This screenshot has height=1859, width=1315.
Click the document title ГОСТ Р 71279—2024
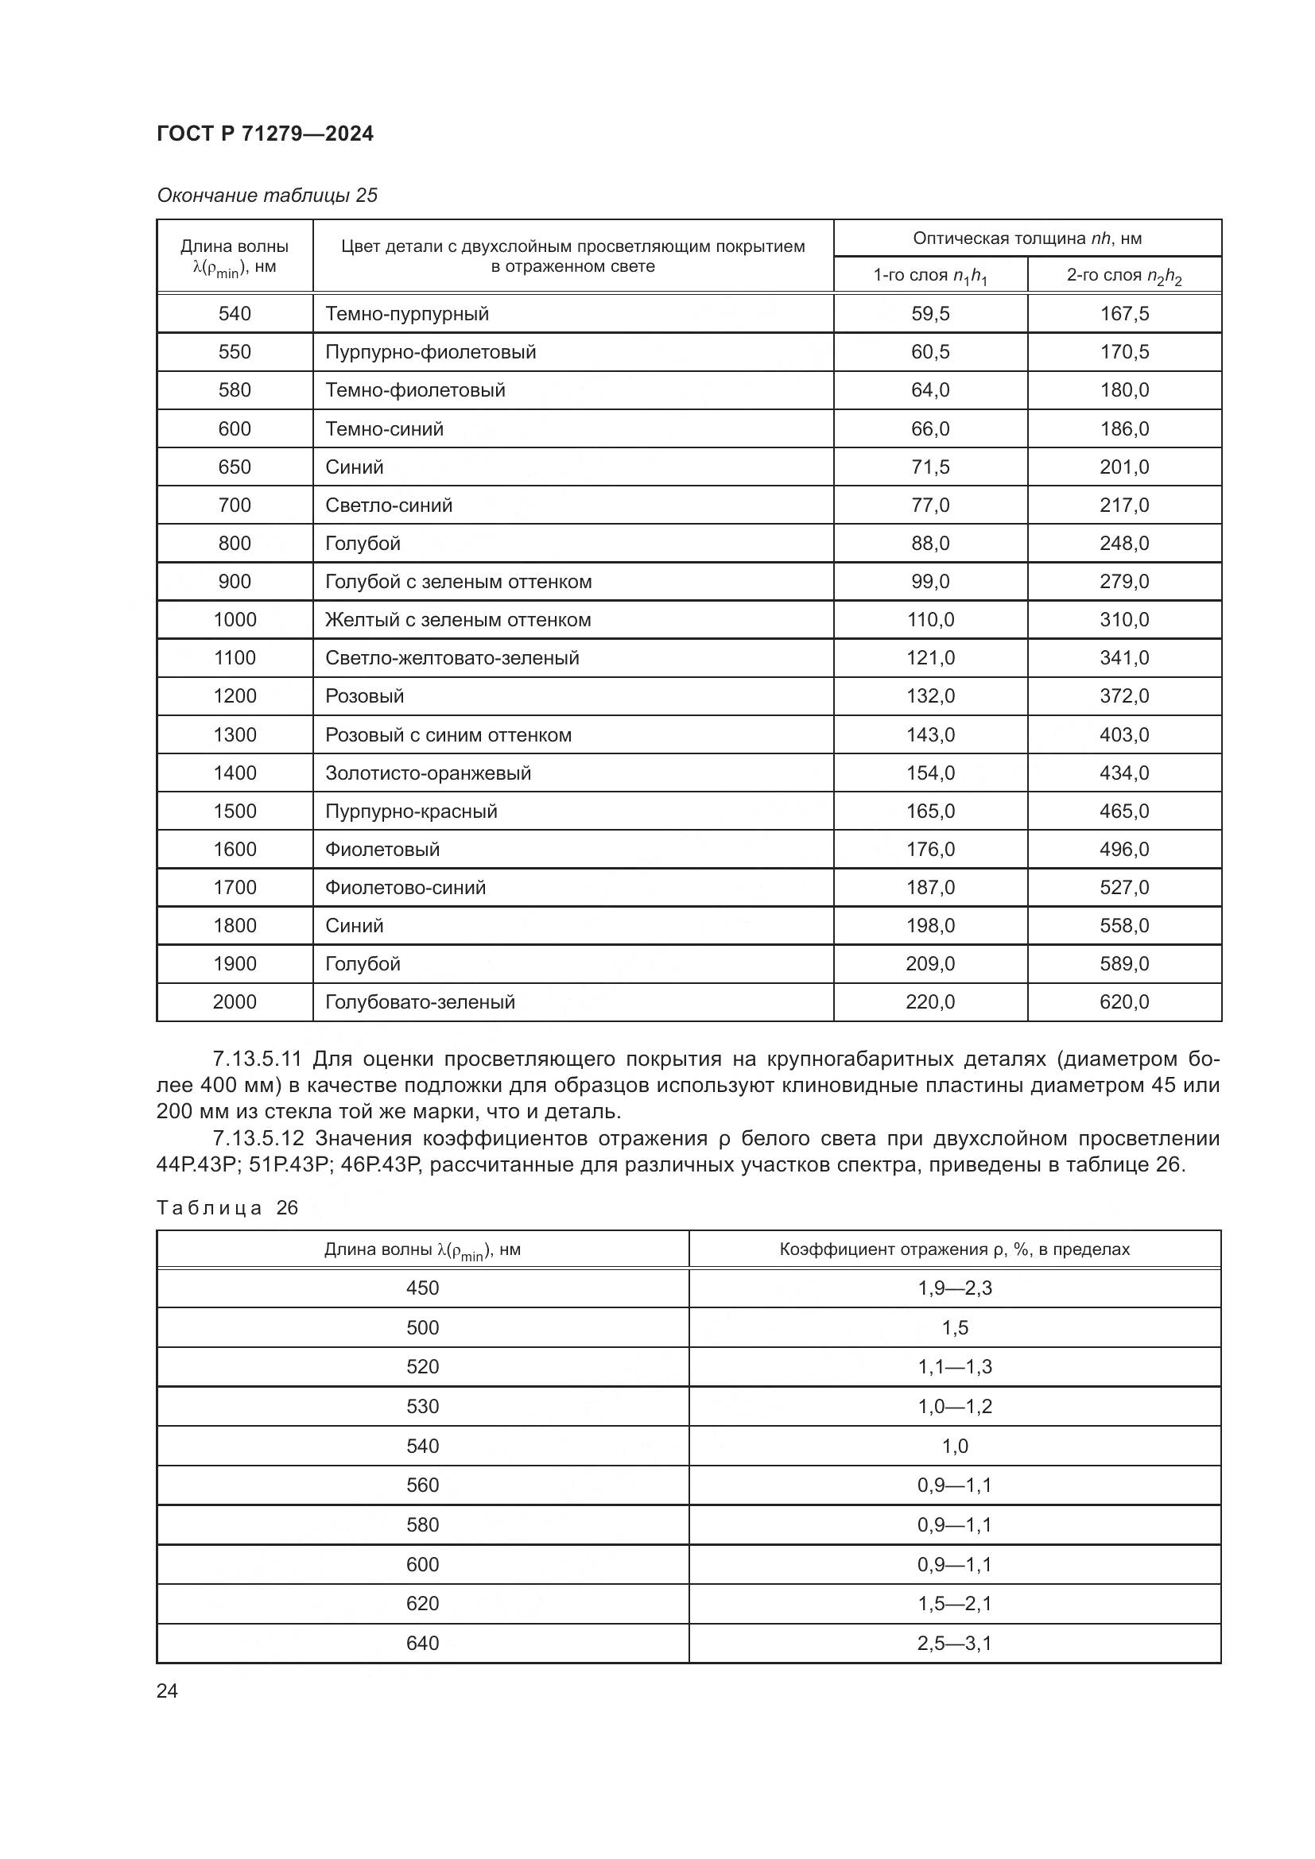click(x=265, y=134)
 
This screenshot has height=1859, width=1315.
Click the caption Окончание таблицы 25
click(x=267, y=196)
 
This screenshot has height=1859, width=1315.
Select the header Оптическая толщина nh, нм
click(x=1026, y=238)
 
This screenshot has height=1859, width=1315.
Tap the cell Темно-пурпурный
click(x=406, y=314)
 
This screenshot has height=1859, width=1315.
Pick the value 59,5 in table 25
click(x=929, y=314)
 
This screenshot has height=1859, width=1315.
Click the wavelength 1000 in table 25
click(x=235, y=620)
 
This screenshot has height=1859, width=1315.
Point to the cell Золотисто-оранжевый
click(x=428, y=773)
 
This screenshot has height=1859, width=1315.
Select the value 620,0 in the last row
click(x=1124, y=1002)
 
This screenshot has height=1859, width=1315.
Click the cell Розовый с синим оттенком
click(x=448, y=735)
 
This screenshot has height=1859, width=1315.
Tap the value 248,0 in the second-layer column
click(x=1124, y=544)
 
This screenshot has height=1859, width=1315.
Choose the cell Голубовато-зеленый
click(x=420, y=1002)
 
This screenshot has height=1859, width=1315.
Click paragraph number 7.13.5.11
click(x=257, y=1059)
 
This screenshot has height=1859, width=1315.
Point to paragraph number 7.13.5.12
click(x=258, y=1139)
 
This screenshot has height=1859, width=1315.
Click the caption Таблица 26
click(x=227, y=1208)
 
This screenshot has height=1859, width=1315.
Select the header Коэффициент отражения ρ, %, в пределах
click(x=954, y=1249)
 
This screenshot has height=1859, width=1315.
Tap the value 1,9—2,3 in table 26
click(x=954, y=1288)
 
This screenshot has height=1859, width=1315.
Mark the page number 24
click(x=167, y=1691)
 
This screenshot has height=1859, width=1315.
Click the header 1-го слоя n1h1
click(x=929, y=276)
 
